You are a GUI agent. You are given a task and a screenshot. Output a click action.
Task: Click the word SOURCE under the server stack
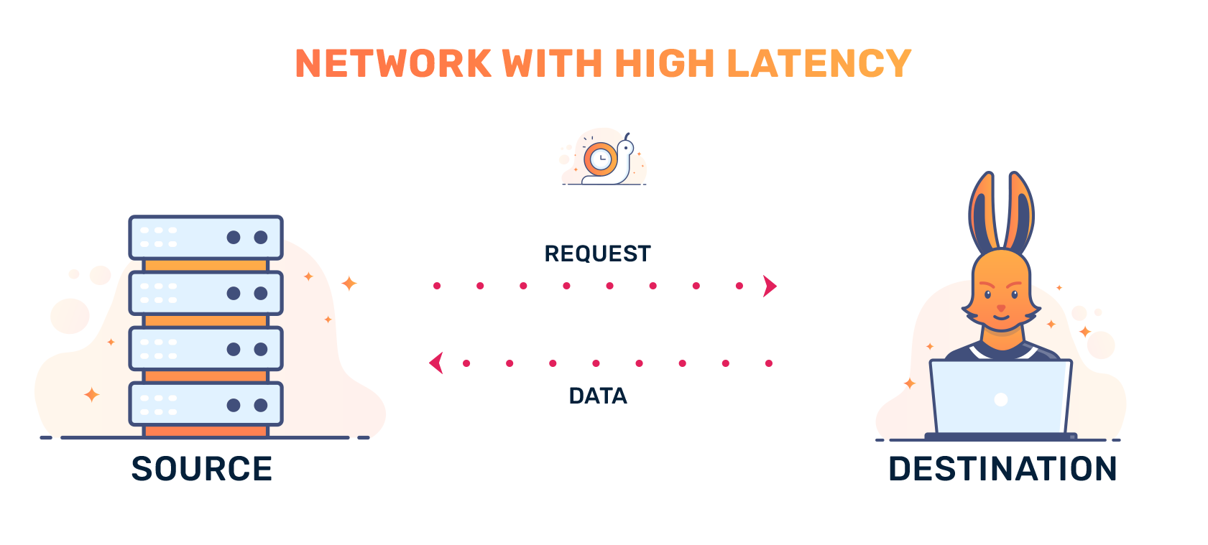(x=202, y=469)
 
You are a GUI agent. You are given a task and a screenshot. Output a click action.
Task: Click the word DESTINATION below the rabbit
(x=1002, y=469)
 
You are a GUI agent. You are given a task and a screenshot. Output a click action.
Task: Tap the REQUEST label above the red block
(x=597, y=253)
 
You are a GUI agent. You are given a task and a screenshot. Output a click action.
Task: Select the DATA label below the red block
(x=598, y=396)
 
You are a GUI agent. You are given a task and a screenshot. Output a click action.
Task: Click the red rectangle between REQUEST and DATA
(x=604, y=325)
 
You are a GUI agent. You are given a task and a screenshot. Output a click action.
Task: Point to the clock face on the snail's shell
(x=601, y=159)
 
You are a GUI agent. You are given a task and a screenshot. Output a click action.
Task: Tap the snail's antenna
(x=627, y=136)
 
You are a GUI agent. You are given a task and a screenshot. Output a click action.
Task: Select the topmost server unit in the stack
(x=206, y=237)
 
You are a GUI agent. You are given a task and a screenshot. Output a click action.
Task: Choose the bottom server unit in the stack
(x=206, y=404)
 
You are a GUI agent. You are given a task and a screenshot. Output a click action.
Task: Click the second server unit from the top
(x=206, y=293)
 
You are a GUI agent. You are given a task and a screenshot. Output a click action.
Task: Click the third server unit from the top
(x=206, y=349)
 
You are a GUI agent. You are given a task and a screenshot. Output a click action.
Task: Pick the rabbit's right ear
(x=1019, y=212)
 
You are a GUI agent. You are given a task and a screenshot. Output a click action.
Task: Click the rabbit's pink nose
(x=1001, y=308)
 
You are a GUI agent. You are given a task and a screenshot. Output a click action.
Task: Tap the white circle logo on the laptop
(x=1001, y=399)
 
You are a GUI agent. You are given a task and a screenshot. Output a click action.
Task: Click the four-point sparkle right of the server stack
(x=349, y=284)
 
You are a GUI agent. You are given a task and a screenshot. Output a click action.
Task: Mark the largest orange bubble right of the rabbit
(x=1101, y=345)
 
